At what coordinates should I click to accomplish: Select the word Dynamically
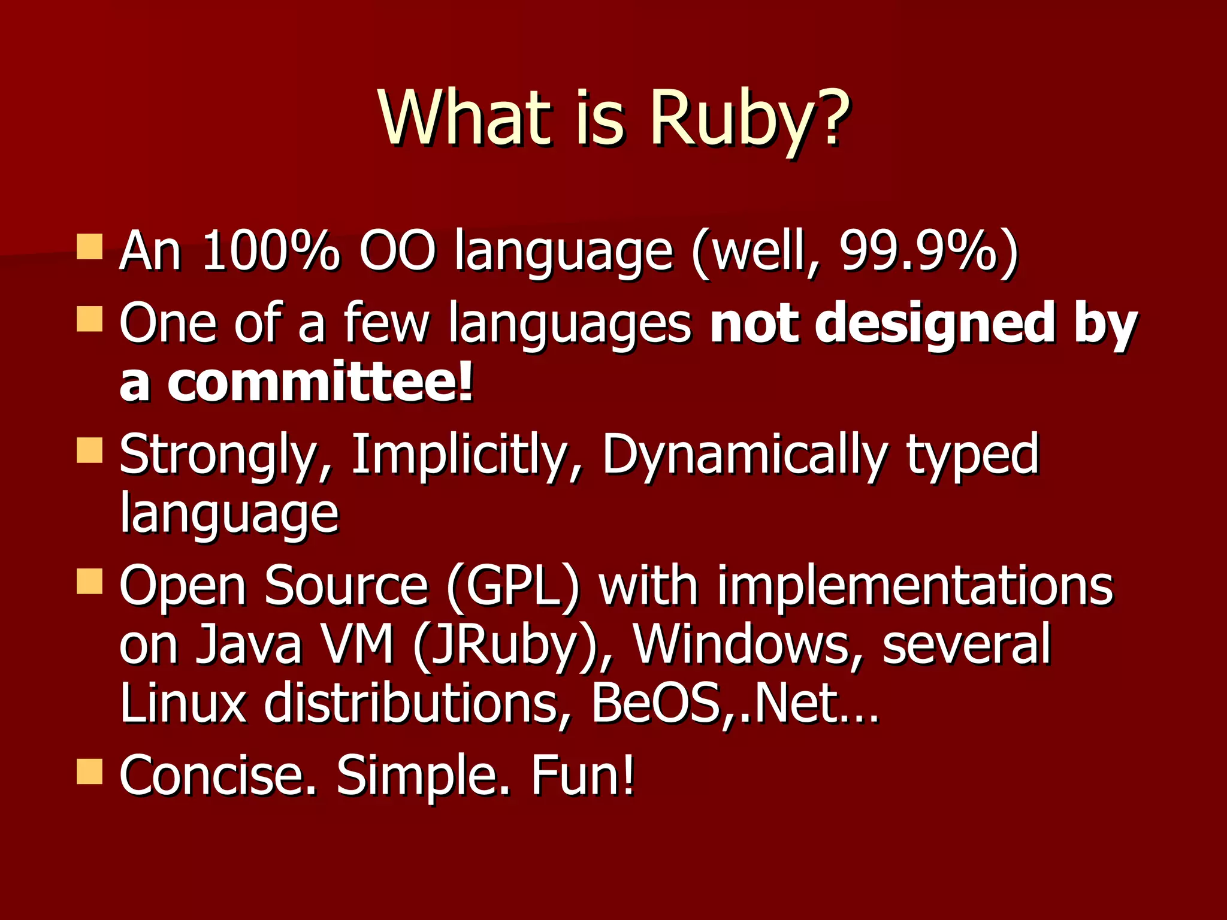[x=744, y=455]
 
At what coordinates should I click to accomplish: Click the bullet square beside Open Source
[x=90, y=581]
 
